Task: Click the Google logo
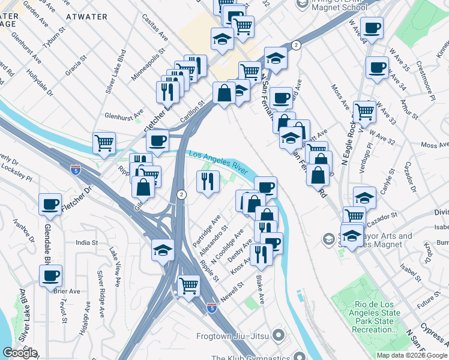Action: coord(19,353)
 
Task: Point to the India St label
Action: coord(86,242)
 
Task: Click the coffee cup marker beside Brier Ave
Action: coord(50,276)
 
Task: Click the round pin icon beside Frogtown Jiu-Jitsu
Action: coord(277,334)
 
